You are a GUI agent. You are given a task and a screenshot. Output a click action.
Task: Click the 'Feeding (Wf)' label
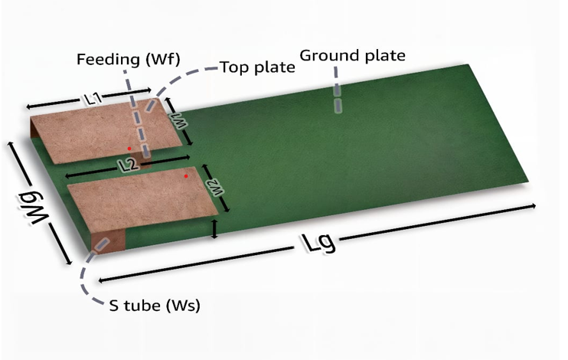pyautogui.click(x=129, y=60)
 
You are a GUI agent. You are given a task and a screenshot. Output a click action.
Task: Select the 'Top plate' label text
pyautogui.click(x=257, y=67)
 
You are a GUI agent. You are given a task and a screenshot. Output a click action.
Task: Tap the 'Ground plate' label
pyautogui.click(x=352, y=56)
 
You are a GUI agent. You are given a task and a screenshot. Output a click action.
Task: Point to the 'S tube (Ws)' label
pyautogui.click(x=155, y=306)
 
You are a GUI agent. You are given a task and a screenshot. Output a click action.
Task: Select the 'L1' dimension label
pyautogui.click(x=94, y=99)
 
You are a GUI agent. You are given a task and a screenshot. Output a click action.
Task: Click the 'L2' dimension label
pyautogui.click(x=129, y=165)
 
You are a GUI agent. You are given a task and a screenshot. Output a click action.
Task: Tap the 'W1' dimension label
pyautogui.click(x=179, y=120)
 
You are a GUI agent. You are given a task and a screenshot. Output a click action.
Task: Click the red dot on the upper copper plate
pyautogui.click(x=129, y=149)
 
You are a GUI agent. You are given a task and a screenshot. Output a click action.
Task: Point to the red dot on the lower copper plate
pyautogui.click(x=186, y=176)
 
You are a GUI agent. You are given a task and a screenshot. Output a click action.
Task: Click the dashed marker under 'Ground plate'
pyautogui.click(x=338, y=90)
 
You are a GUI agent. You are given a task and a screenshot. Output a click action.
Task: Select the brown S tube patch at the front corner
pyautogui.click(x=108, y=241)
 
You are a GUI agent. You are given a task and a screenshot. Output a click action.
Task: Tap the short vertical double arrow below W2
pyautogui.click(x=215, y=229)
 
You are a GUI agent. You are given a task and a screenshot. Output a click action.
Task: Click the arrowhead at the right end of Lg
pyautogui.click(x=534, y=205)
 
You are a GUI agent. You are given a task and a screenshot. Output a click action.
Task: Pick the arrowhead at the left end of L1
pyautogui.click(x=28, y=106)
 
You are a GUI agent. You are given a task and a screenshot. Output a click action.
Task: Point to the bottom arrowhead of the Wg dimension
pyautogui.click(x=69, y=262)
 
